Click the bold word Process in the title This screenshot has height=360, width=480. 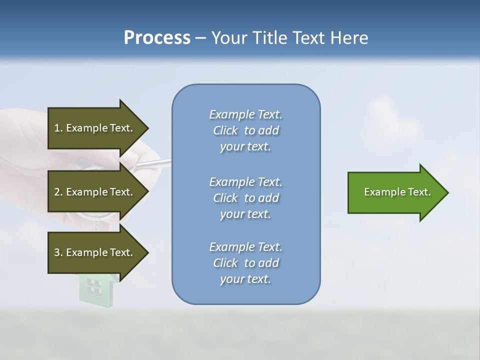pos(157,38)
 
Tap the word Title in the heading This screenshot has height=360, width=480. pos(271,38)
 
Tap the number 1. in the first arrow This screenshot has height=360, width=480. pos(58,128)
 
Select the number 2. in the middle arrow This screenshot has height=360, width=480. pos(58,192)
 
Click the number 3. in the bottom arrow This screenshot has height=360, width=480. pos(58,252)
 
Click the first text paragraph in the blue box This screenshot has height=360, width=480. pos(245,130)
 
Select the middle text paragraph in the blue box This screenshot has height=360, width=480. pos(245,198)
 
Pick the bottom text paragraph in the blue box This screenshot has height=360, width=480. pos(245,263)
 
